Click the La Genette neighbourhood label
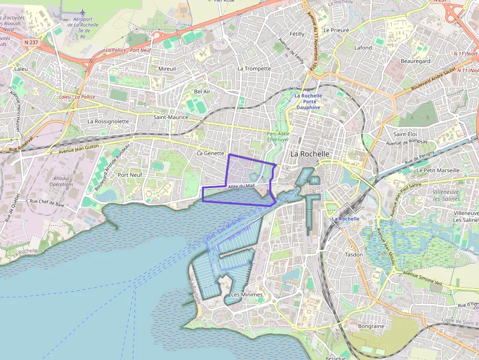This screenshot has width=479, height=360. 210,153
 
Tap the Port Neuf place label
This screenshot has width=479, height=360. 130,174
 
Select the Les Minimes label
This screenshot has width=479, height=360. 246,295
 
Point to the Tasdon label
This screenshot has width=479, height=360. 354,254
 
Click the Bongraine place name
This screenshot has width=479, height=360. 371,326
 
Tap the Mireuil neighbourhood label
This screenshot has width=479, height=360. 167,69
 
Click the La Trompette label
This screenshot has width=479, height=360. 254,68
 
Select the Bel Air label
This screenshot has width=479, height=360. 202,91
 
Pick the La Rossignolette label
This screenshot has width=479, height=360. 108,121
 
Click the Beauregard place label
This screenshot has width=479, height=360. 415,61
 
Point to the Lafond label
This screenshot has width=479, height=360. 363,48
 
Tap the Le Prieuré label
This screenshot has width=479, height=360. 336,30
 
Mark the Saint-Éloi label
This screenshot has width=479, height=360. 405,134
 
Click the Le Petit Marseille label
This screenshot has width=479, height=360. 438,170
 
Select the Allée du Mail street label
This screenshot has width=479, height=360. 241,186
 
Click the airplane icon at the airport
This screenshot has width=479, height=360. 82,12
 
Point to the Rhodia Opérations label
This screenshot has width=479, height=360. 62,181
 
